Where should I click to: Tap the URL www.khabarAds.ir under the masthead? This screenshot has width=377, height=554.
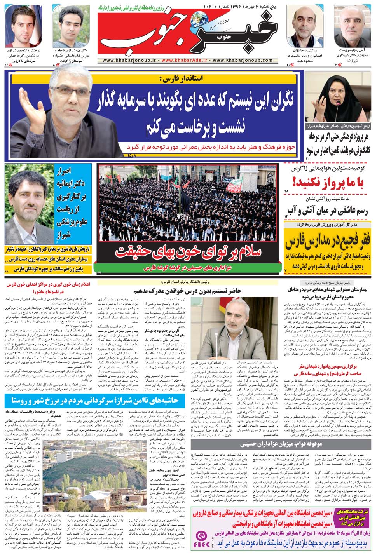(x=184, y=61)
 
